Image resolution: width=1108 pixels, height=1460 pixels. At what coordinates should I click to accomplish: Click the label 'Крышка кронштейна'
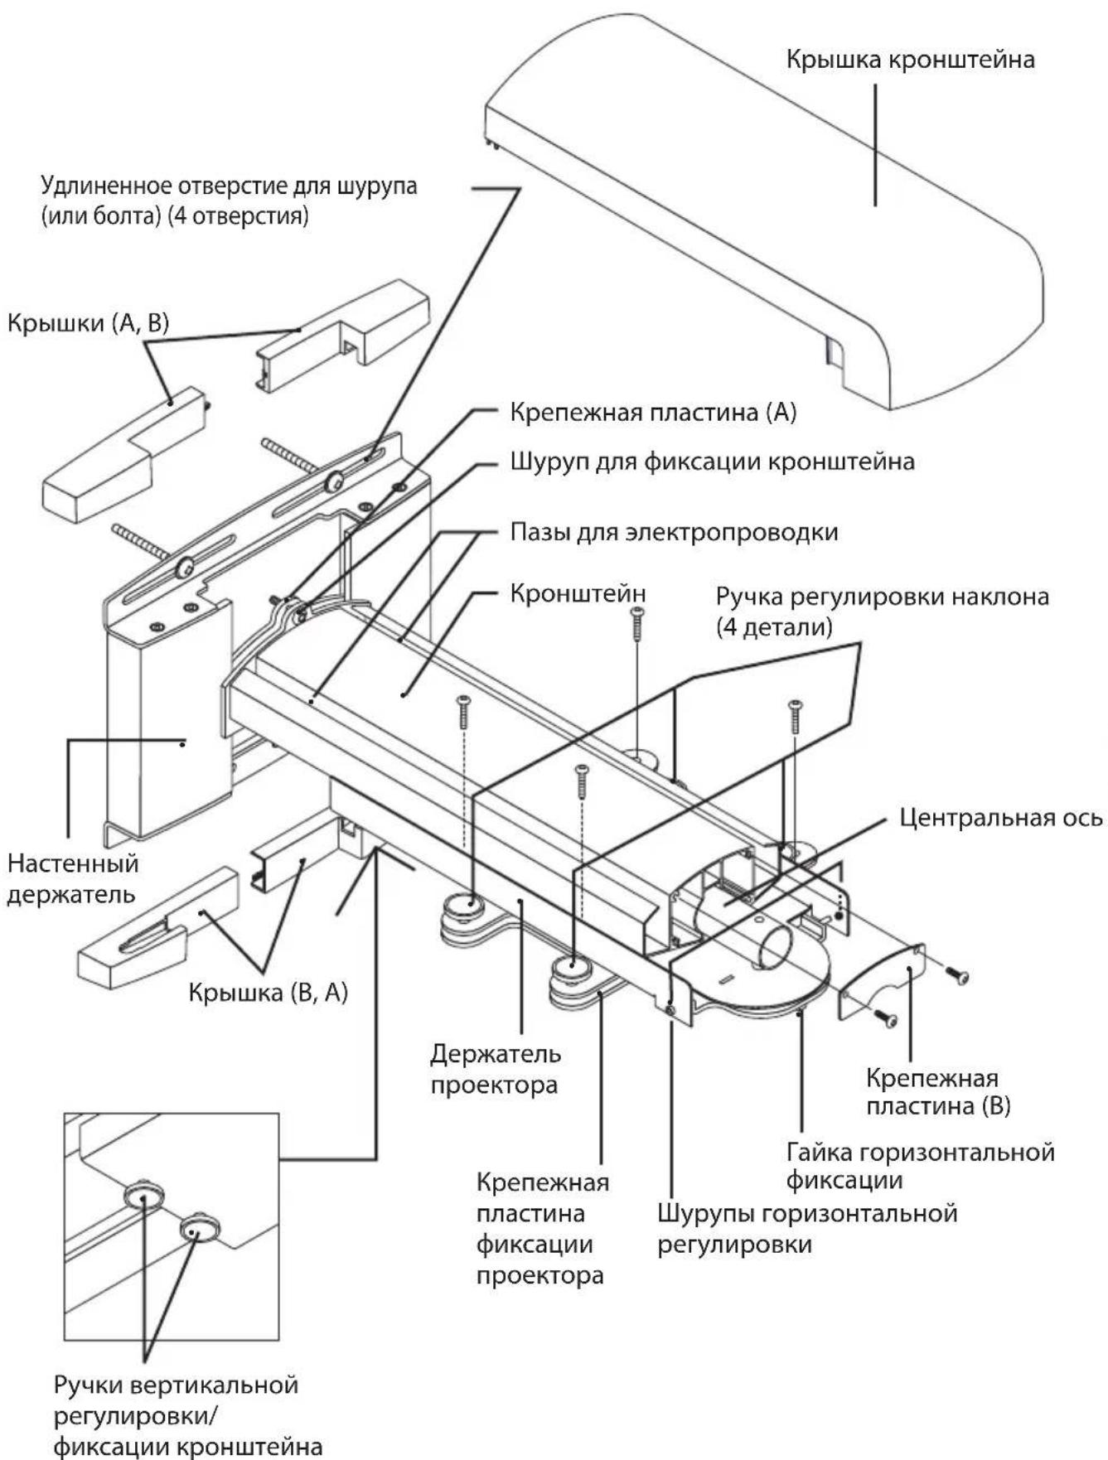click(910, 60)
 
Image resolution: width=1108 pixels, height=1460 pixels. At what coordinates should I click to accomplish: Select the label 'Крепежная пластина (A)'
click(652, 413)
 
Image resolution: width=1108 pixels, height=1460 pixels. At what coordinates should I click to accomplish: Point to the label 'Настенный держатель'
click(73, 879)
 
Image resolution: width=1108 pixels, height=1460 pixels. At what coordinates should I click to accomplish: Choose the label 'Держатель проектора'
click(495, 1069)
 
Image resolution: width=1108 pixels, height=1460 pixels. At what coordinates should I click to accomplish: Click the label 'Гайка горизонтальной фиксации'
click(920, 1166)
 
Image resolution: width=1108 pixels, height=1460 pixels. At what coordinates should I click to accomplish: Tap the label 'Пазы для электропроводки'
click(673, 532)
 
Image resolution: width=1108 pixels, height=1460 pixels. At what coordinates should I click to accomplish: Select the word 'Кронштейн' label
click(578, 594)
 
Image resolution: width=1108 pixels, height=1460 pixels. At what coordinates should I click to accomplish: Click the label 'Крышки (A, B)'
click(88, 322)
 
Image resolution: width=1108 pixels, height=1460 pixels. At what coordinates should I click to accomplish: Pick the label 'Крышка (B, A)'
click(268, 992)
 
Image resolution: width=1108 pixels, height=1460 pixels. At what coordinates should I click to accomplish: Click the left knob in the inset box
click(143, 1197)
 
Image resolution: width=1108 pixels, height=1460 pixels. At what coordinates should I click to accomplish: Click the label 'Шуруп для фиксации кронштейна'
click(712, 462)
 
